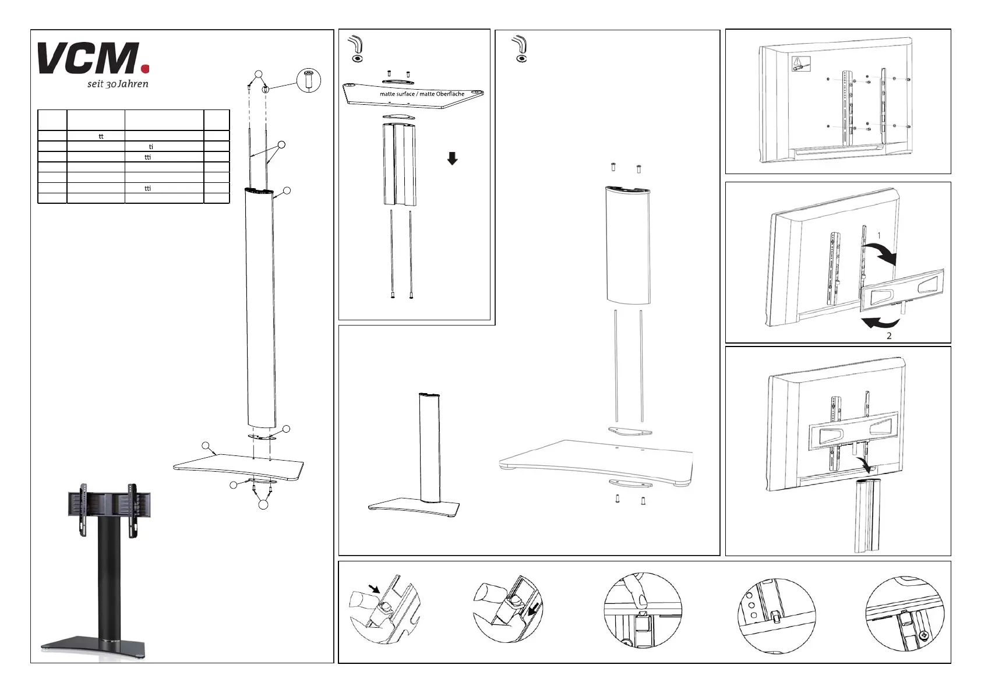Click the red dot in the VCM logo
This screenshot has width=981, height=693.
[146, 69]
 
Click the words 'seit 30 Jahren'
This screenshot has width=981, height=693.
[114, 84]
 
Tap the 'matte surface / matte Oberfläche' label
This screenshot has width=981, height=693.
[422, 94]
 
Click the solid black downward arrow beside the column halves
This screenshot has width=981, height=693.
[452, 158]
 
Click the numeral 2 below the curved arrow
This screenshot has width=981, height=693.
[889, 336]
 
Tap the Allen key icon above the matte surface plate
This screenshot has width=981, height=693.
[354, 48]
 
